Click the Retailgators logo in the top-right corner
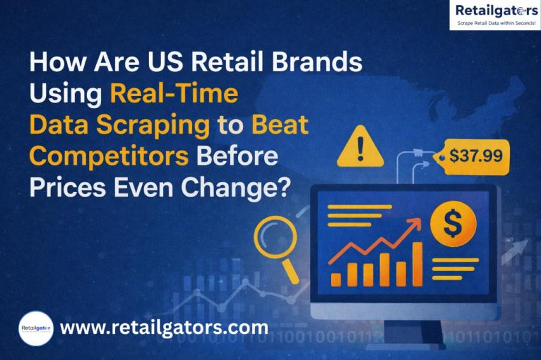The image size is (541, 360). [x=493, y=10]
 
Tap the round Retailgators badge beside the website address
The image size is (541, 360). [x=36, y=328]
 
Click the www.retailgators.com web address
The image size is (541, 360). [x=164, y=328]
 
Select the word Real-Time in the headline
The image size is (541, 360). [x=174, y=94]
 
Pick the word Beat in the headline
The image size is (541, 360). [x=280, y=125]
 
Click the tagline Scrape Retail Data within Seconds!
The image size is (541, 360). [x=493, y=24]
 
